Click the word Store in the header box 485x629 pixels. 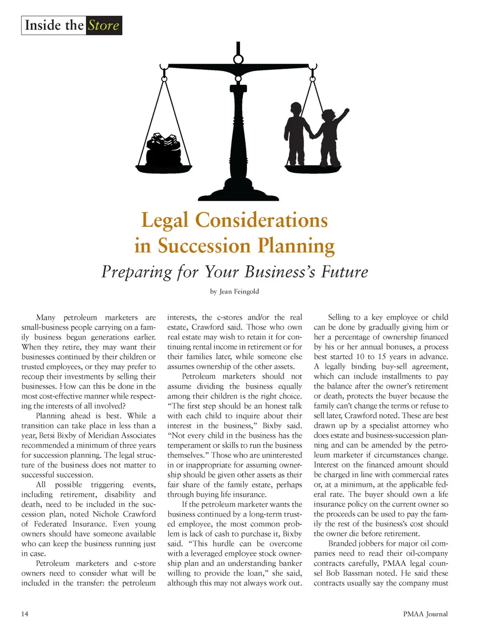point(104,25)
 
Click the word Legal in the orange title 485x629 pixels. point(165,220)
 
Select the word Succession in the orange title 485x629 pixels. point(204,246)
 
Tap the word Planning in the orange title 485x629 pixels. point(296,246)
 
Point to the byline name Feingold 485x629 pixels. point(245,292)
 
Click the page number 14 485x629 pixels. point(25,614)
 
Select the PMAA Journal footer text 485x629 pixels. point(425,614)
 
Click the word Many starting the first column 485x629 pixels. point(45,317)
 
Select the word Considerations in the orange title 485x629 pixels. point(261,220)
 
